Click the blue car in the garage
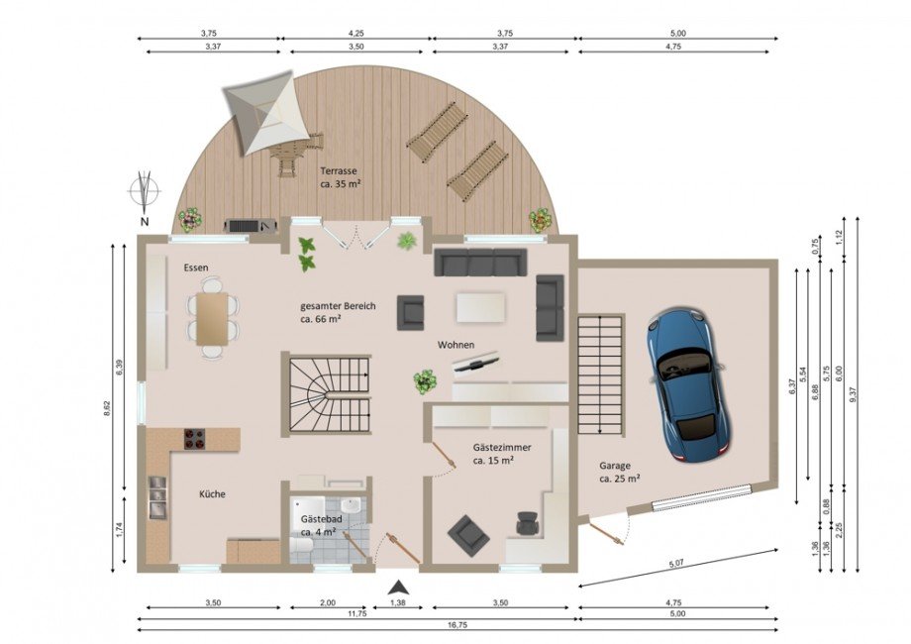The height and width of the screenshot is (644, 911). click(687, 384)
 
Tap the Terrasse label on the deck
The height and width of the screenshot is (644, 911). click(338, 170)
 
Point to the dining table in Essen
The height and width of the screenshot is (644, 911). click(212, 318)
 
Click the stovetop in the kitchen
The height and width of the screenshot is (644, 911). click(195, 439)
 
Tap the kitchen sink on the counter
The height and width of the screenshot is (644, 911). click(156, 497)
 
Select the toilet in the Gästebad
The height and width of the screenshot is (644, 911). click(302, 545)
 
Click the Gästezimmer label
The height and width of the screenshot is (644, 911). click(502, 448)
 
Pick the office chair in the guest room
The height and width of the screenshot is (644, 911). click(528, 523)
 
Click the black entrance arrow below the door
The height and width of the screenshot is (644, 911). click(398, 588)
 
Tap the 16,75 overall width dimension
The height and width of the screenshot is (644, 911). click(457, 625)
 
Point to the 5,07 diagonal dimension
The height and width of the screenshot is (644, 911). click(677, 563)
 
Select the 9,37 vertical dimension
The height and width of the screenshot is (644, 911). click(853, 394)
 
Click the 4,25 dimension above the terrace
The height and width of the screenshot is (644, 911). click(355, 34)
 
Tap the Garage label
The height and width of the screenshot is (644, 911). click(615, 466)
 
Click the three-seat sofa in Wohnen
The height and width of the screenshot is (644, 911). click(480, 263)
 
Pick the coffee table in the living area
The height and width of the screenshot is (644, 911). click(480, 307)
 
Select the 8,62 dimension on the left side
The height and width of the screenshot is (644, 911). click(106, 408)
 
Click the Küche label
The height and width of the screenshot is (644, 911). click(212, 494)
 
